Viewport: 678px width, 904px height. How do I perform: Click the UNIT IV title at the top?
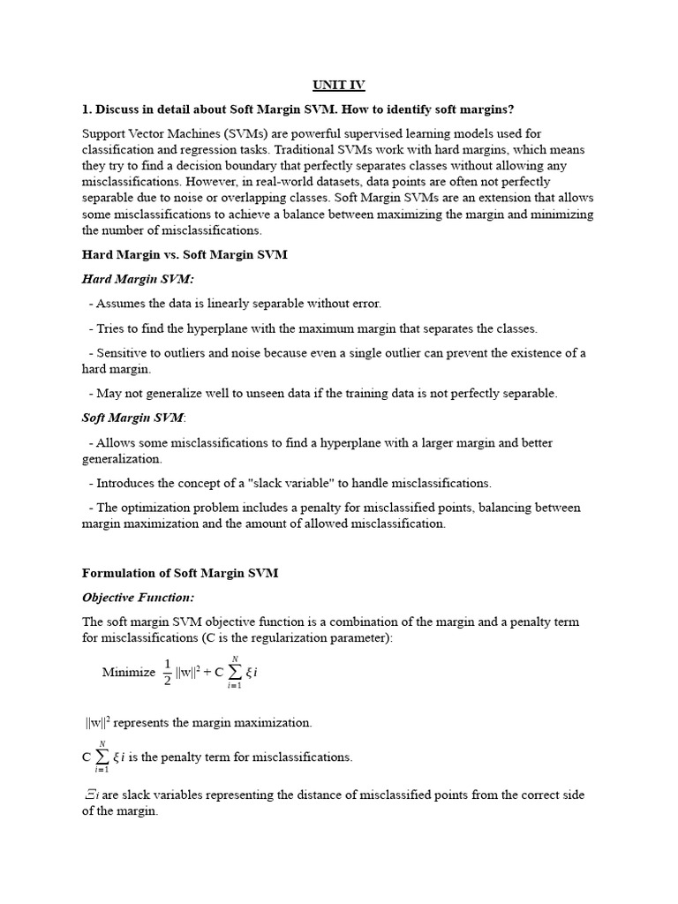[338, 86]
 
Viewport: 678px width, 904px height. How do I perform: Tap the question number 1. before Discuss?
[87, 109]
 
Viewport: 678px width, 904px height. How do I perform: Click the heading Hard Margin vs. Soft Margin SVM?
[185, 255]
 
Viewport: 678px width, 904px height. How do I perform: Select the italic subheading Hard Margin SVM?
[138, 279]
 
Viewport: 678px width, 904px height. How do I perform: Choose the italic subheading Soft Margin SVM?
[132, 418]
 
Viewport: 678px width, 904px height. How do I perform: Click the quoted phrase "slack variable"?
[303, 483]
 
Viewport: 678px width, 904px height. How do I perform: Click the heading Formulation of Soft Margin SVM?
[180, 573]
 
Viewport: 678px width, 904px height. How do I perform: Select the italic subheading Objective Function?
[138, 598]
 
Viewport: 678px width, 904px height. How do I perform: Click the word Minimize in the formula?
[129, 672]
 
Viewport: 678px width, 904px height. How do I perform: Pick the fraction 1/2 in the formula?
[167, 672]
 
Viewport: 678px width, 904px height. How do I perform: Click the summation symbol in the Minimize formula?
[233, 672]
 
